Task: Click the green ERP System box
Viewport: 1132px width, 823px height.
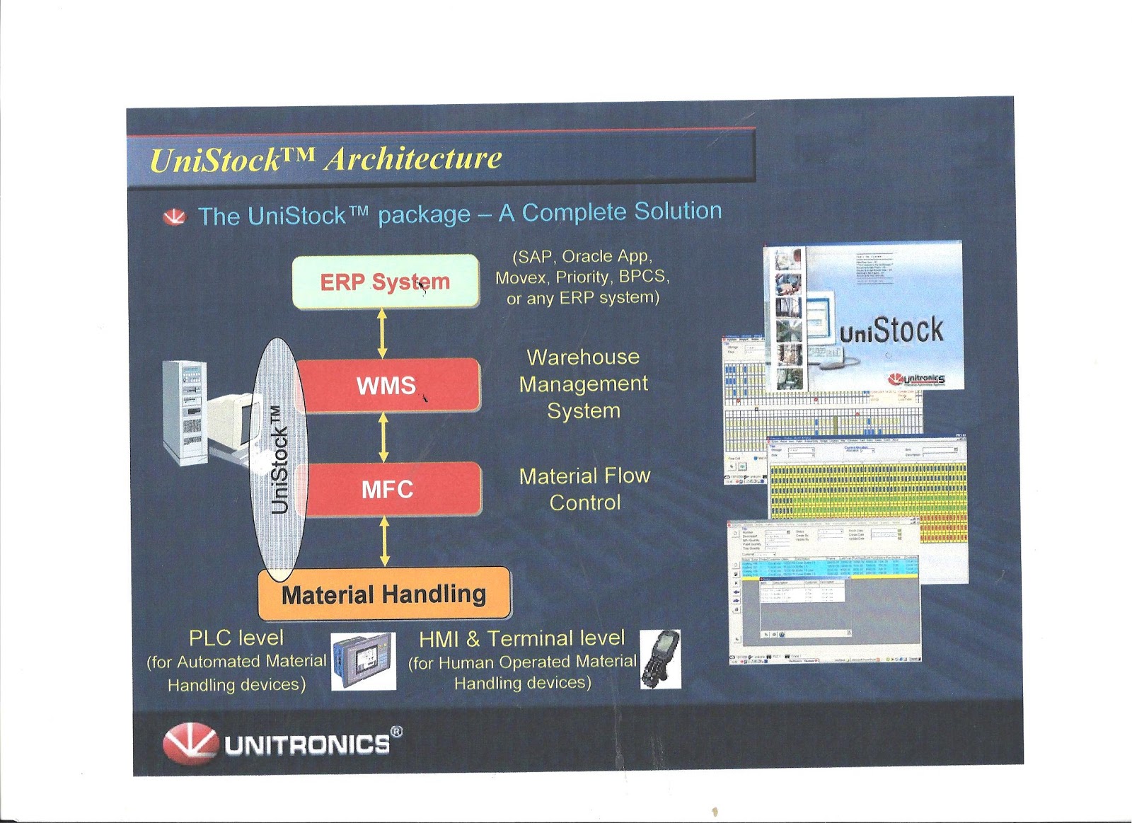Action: [x=385, y=282]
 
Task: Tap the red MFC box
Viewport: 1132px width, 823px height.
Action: [x=388, y=489]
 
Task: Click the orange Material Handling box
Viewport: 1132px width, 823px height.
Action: [x=384, y=594]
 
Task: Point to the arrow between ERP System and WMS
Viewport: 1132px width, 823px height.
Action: [x=383, y=333]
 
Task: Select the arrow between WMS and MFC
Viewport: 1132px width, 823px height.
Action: [x=383, y=437]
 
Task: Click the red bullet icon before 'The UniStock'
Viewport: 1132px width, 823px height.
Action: [x=175, y=217]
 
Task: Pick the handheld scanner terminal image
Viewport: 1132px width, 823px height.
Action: [x=660, y=659]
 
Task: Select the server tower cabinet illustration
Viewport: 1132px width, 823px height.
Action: [x=185, y=413]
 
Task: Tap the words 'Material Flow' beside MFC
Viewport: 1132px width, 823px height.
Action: [x=584, y=476]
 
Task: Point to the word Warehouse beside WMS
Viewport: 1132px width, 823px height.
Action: [x=583, y=357]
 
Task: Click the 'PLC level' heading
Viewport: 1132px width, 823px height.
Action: [x=236, y=638]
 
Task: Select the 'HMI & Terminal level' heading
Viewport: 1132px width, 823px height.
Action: [x=522, y=639]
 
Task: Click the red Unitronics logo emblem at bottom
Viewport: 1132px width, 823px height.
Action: [x=190, y=743]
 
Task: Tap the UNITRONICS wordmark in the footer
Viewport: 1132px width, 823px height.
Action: [x=308, y=744]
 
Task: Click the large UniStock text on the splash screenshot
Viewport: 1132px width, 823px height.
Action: [x=891, y=330]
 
